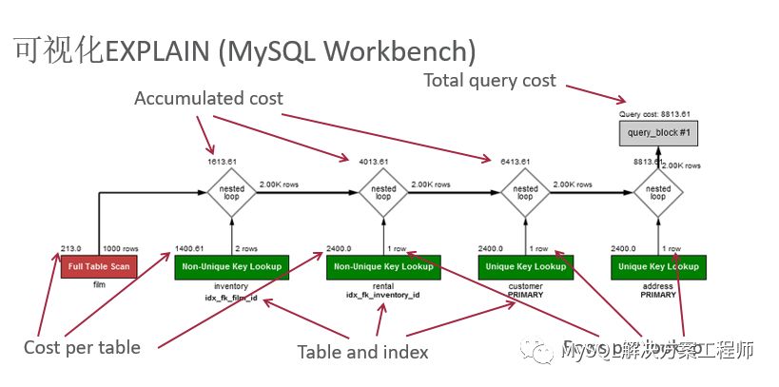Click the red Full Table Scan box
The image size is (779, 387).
click(x=99, y=266)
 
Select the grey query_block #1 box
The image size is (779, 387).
click(x=657, y=134)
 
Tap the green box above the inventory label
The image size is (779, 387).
click(x=231, y=266)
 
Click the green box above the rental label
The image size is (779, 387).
click(x=382, y=266)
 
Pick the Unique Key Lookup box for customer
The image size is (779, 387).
click(x=524, y=266)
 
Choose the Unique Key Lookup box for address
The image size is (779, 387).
click(x=657, y=266)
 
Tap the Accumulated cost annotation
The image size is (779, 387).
click(x=208, y=99)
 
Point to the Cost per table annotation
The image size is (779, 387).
click(x=82, y=347)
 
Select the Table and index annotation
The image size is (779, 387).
click(x=362, y=352)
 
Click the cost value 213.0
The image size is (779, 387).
click(x=70, y=248)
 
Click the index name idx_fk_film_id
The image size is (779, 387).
click(x=231, y=296)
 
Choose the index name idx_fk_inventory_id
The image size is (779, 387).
click(x=382, y=296)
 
